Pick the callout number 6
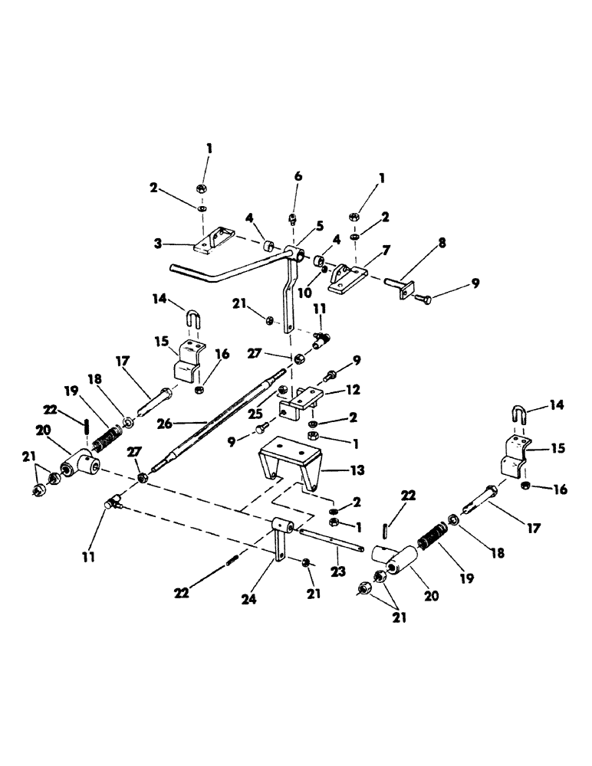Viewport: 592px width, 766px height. click(x=298, y=176)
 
